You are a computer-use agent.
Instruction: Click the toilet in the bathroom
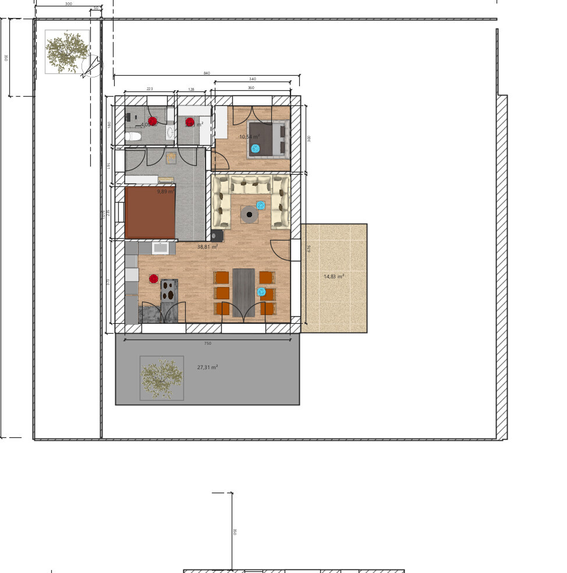click(133, 137)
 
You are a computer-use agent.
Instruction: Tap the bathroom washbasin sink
click(170, 132)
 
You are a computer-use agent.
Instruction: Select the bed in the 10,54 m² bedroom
click(268, 139)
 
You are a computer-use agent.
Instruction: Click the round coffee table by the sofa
click(250, 215)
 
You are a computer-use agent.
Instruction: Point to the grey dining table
click(243, 292)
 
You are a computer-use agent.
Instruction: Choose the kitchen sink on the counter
click(160, 248)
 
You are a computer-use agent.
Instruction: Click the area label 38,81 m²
click(207, 247)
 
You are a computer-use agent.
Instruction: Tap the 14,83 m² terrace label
click(334, 277)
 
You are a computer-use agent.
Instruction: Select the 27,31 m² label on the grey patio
click(207, 367)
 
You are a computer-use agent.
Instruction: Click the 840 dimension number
click(207, 73)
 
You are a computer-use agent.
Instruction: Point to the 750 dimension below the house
click(208, 344)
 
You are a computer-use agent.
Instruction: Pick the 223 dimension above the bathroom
click(150, 89)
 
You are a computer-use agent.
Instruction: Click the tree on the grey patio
click(162, 378)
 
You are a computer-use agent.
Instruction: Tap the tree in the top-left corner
click(67, 52)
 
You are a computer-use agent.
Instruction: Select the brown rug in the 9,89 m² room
click(150, 213)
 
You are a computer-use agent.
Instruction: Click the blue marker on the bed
click(255, 148)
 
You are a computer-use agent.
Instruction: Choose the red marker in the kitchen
click(154, 279)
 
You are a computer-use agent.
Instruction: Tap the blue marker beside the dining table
click(261, 292)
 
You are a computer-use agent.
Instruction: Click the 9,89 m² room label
click(165, 191)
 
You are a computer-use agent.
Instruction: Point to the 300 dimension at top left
click(69, 4)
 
